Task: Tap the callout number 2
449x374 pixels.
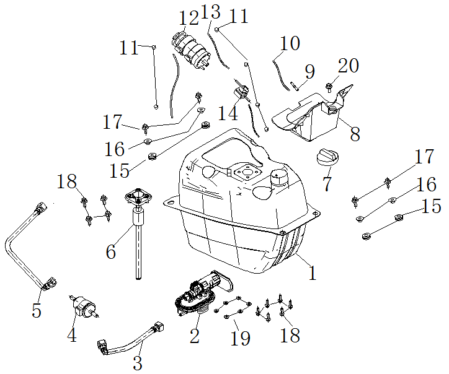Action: (x=194, y=336)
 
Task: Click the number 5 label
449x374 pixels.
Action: (x=37, y=310)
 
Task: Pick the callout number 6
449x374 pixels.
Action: (x=111, y=251)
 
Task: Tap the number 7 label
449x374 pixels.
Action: (x=327, y=184)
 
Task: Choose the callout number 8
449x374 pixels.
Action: (x=354, y=134)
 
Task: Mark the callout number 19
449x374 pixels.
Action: (x=240, y=337)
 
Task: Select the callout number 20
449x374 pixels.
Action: (x=348, y=66)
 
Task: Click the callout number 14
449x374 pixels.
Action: (x=228, y=113)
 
